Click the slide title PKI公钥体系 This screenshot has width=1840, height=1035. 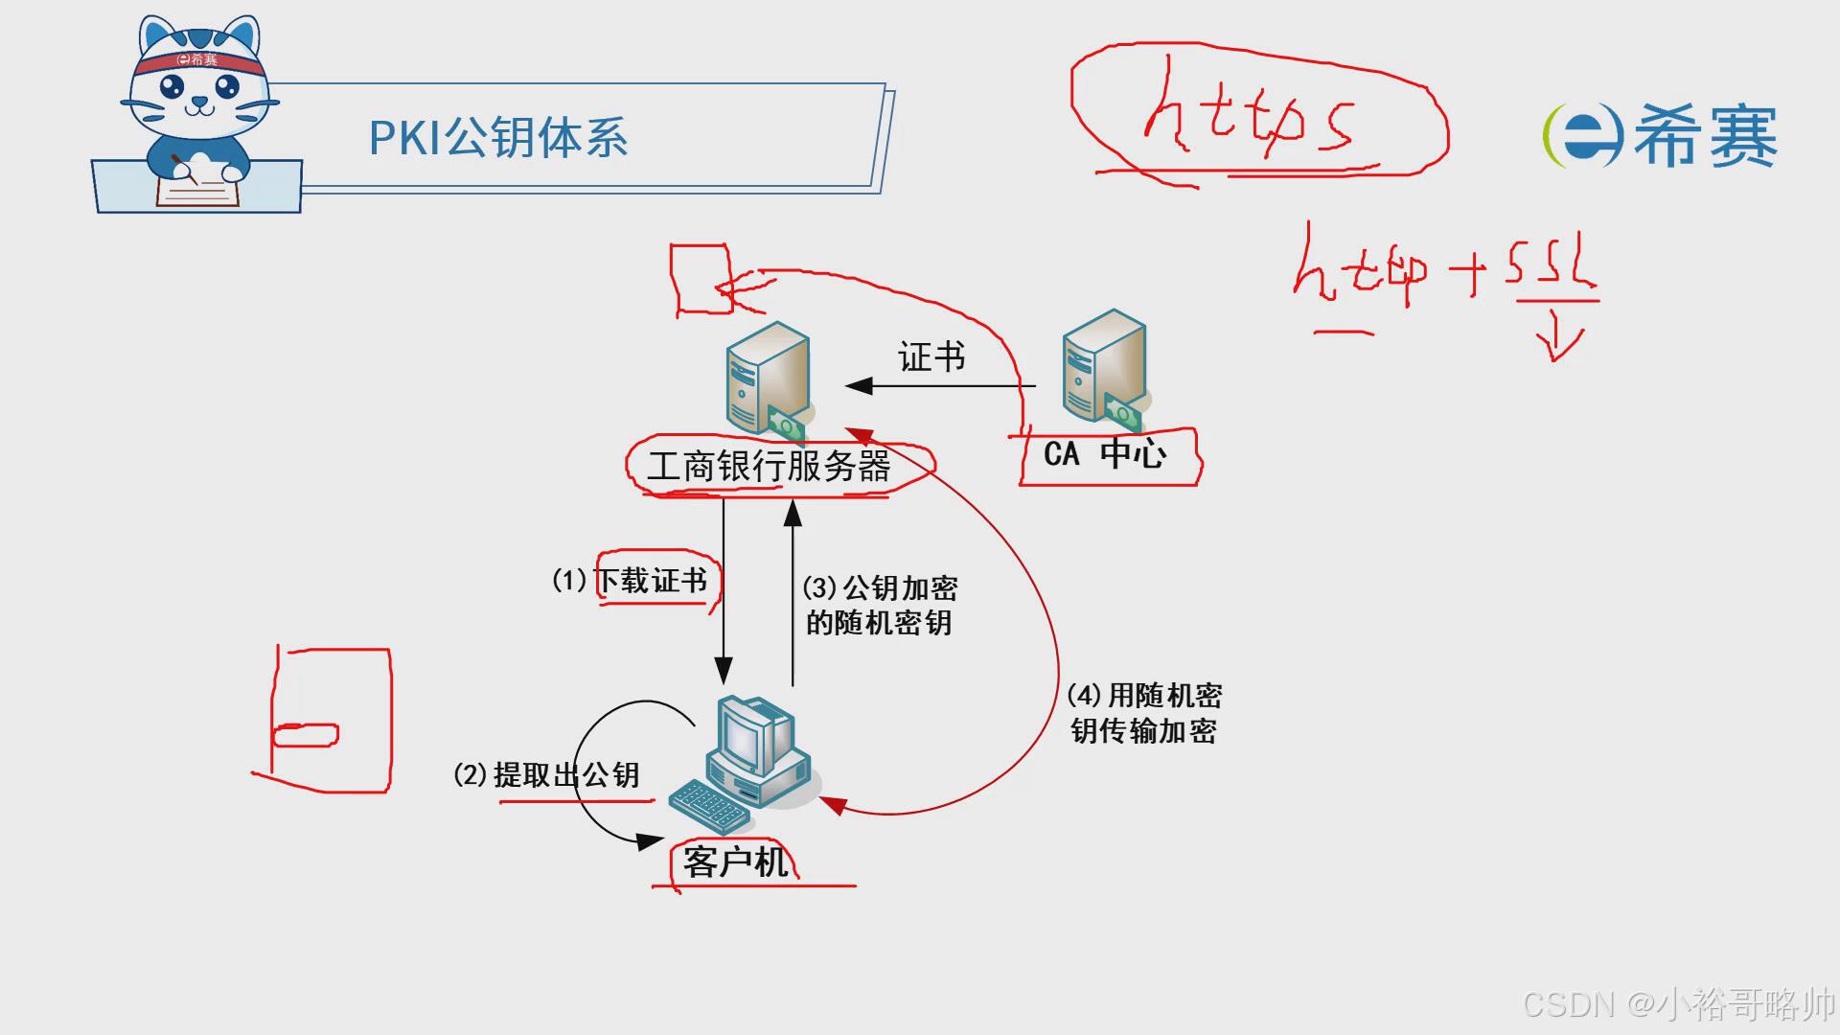tap(498, 138)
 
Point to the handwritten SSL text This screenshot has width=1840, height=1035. tap(1549, 263)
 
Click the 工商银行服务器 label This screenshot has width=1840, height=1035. tap(769, 467)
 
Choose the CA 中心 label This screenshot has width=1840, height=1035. tap(1104, 453)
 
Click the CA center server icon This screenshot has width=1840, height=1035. tap(1105, 368)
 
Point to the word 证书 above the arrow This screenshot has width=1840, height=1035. tap(931, 357)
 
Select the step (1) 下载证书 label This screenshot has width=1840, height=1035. tap(631, 580)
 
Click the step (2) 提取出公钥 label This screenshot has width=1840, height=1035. tap(546, 774)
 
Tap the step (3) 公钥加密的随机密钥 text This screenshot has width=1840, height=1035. tap(879, 605)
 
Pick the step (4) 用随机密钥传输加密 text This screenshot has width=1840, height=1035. tap(1144, 713)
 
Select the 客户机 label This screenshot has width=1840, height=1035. tap(735, 862)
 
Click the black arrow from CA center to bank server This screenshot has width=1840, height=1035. tap(939, 386)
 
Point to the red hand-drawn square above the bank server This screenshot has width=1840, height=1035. tap(701, 278)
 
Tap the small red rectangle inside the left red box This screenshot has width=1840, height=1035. tap(306, 735)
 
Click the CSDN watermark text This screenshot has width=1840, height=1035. tap(1677, 1003)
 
